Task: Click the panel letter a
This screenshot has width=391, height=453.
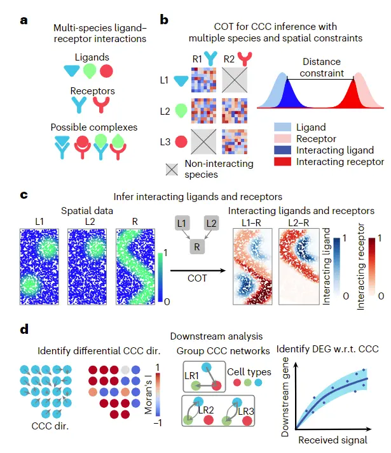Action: pos(24,20)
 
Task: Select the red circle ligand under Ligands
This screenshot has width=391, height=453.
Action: pos(107,70)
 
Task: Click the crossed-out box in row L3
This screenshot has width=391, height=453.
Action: pos(205,140)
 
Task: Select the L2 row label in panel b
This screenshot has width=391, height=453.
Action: pos(165,111)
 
